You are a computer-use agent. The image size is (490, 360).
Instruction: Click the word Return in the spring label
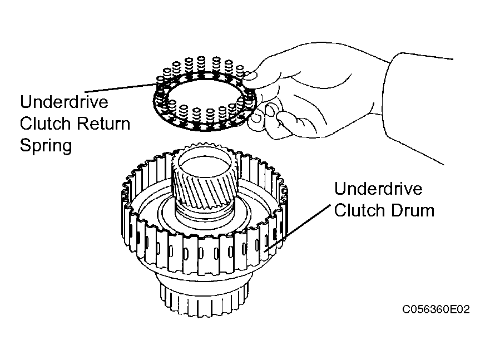pos(103,124)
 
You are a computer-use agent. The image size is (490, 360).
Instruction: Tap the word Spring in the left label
pos(46,146)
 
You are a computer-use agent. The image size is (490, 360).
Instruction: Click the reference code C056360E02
pos(435,309)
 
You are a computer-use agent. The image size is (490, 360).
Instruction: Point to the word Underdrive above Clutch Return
pos(64,102)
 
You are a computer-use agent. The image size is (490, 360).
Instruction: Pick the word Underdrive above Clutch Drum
pos(378,189)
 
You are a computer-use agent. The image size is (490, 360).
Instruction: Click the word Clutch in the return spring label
pos(46,124)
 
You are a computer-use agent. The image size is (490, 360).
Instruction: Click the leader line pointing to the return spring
pos(120,88)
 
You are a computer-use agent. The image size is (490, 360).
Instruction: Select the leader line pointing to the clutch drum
pos(298,228)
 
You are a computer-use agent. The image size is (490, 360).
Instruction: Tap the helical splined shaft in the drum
pos(204,184)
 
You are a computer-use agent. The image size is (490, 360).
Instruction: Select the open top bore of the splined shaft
pos(203,162)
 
